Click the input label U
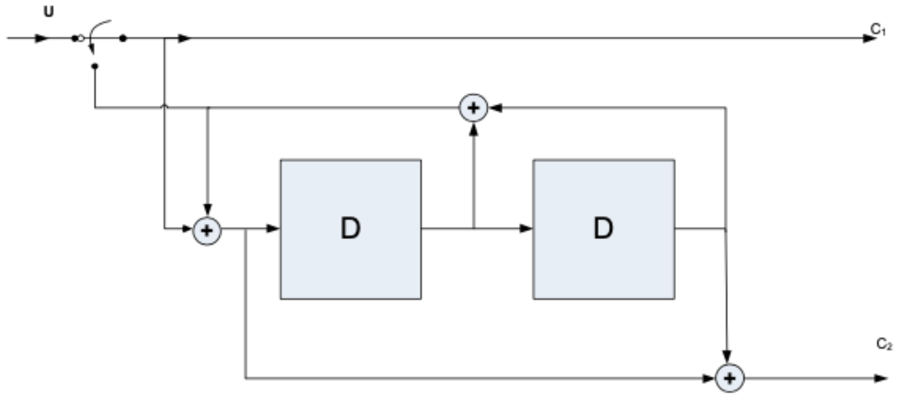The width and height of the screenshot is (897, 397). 49,12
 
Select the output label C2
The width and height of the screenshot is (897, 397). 884,344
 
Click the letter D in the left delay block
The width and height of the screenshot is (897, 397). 350,229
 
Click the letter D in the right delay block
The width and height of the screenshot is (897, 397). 603,229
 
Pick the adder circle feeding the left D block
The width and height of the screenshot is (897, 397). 207,230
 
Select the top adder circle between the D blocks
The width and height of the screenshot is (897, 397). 473,108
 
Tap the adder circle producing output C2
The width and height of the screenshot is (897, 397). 729,378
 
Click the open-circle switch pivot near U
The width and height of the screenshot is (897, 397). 81,38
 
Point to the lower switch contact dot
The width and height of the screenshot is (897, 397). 95,66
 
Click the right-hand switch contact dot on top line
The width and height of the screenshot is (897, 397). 123,38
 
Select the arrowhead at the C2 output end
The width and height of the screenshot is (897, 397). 880,378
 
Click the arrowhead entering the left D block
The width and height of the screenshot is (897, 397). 273,228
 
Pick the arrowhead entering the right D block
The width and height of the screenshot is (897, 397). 526,228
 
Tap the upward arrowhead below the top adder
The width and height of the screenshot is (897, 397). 473,129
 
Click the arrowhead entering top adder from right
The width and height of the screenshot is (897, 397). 495,108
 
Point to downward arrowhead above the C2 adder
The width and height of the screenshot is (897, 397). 727,356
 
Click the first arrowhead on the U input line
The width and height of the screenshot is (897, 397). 42,38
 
